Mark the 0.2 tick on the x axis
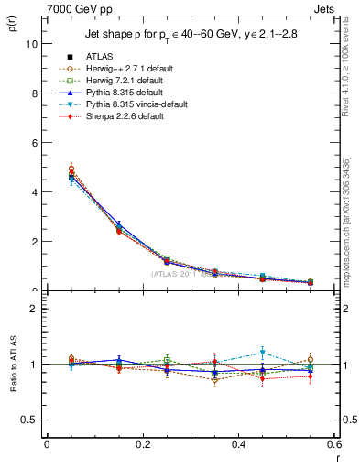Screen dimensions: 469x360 point(143,444)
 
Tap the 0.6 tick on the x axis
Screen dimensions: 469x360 point(335,444)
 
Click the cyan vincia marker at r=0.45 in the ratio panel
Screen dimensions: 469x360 point(263,353)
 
